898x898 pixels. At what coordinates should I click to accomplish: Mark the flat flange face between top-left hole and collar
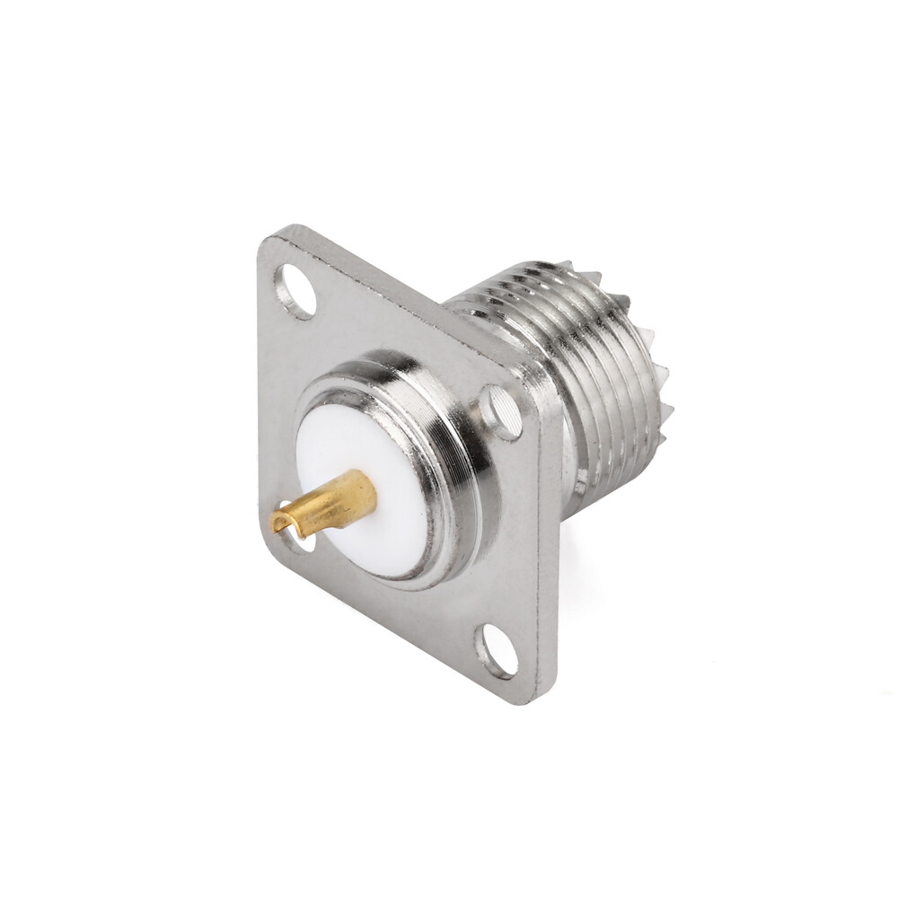click(359, 341)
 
